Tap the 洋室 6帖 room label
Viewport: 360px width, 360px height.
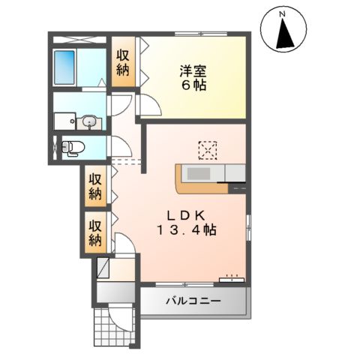click(x=193, y=78)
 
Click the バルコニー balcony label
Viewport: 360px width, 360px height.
click(x=193, y=301)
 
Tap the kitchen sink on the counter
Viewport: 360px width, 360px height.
click(x=200, y=174)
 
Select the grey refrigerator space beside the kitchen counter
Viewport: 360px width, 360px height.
click(x=235, y=173)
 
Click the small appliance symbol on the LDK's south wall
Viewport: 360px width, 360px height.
click(x=230, y=279)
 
